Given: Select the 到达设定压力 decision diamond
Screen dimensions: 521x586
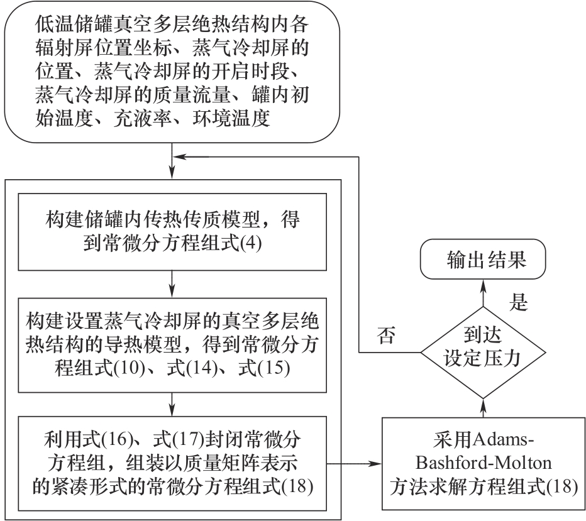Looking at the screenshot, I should pyautogui.click(x=483, y=352).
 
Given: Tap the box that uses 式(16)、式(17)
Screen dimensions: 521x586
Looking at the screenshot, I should pyautogui.click(x=172, y=464).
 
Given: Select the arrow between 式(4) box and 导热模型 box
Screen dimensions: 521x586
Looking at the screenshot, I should pyautogui.click(x=172, y=285).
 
